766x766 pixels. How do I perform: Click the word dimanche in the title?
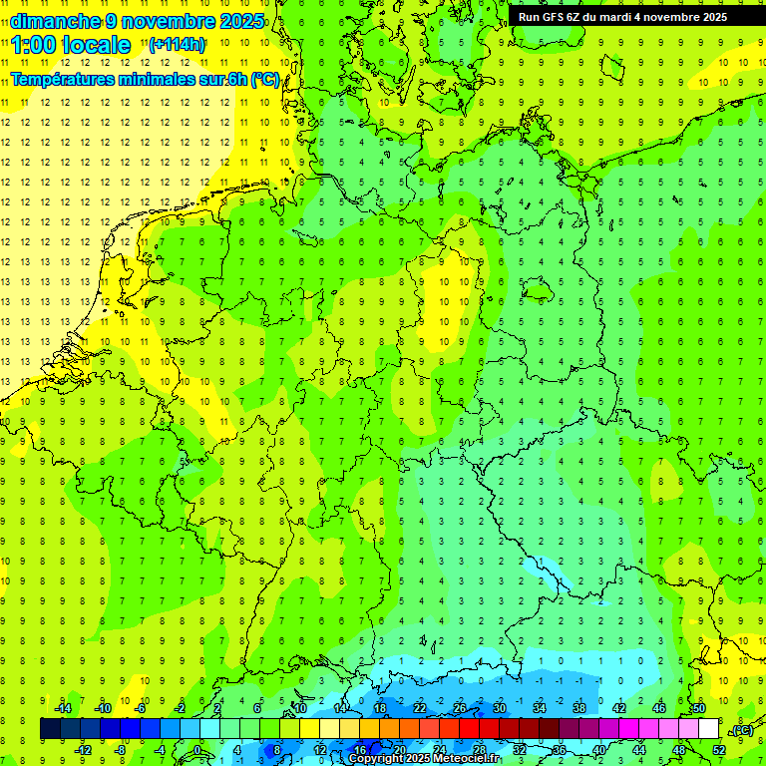tap(55, 21)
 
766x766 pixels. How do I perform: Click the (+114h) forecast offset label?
tap(177, 45)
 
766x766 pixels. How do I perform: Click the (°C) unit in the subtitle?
tap(264, 79)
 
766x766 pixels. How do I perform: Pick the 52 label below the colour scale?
tap(718, 750)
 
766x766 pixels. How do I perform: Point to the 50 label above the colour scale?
tap(698, 709)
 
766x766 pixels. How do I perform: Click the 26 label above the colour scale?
tap(460, 709)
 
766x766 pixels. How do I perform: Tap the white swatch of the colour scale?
tap(708, 729)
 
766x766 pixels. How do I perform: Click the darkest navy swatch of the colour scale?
tap(51, 729)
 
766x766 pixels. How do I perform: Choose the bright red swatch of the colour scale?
tap(470, 729)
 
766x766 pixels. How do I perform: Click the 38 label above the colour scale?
tap(579, 709)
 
